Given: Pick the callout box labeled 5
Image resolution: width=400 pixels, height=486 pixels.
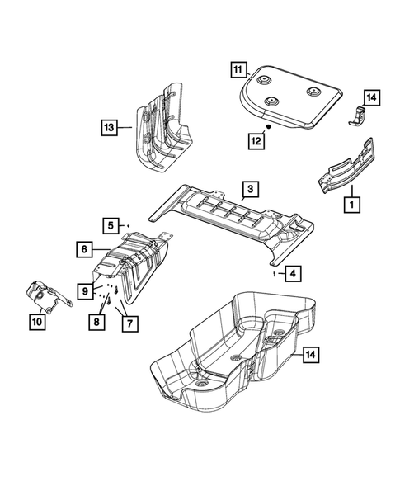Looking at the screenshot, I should tap(110, 224).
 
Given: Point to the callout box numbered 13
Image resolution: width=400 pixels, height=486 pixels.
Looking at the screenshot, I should tap(109, 127).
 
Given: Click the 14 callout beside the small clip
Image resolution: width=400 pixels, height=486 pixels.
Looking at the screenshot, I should tap(371, 98).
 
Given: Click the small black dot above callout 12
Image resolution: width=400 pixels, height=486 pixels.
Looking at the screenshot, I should tap(269, 129).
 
